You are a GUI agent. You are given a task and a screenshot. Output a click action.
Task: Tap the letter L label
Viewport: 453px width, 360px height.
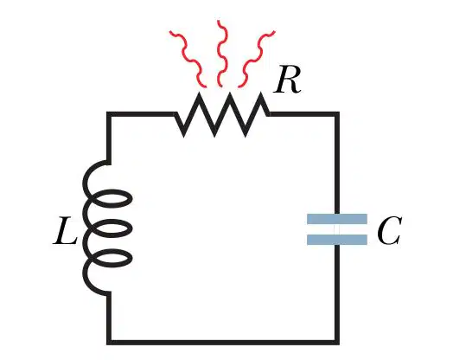(66, 230)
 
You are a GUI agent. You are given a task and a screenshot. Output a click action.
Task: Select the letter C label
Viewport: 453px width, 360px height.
(389, 231)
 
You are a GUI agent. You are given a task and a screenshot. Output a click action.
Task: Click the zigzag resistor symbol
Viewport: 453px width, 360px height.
(222, 114)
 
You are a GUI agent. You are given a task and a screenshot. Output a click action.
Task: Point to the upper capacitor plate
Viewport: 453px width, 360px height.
(337, 219)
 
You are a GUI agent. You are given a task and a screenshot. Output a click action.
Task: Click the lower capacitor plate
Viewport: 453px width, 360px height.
(337, 240)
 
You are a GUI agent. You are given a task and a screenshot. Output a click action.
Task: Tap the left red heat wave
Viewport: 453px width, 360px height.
(188, 58)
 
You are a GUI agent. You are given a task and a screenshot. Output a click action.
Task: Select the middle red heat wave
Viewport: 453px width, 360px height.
(221, 54)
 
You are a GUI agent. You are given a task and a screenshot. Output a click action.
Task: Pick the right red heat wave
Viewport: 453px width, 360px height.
(256, 58)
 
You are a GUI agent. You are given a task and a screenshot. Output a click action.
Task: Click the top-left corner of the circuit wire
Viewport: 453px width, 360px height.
(109, 114)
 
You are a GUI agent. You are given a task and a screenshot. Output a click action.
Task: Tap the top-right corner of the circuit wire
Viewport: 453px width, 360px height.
(337, 114)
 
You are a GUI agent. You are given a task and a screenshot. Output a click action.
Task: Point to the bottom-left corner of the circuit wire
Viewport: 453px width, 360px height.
(109, 343)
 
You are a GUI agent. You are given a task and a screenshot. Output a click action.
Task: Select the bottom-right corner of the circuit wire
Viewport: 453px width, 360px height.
(337, 343)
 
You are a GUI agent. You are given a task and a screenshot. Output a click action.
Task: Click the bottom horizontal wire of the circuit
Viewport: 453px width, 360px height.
(223, 343)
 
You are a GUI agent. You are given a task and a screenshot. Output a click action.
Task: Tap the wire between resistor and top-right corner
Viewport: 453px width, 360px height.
(303, 114)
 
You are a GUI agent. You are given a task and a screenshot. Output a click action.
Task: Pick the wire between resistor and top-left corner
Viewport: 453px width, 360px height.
(142, 114)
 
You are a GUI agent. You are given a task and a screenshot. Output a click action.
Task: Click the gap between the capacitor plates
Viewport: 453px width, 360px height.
(337, 229)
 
